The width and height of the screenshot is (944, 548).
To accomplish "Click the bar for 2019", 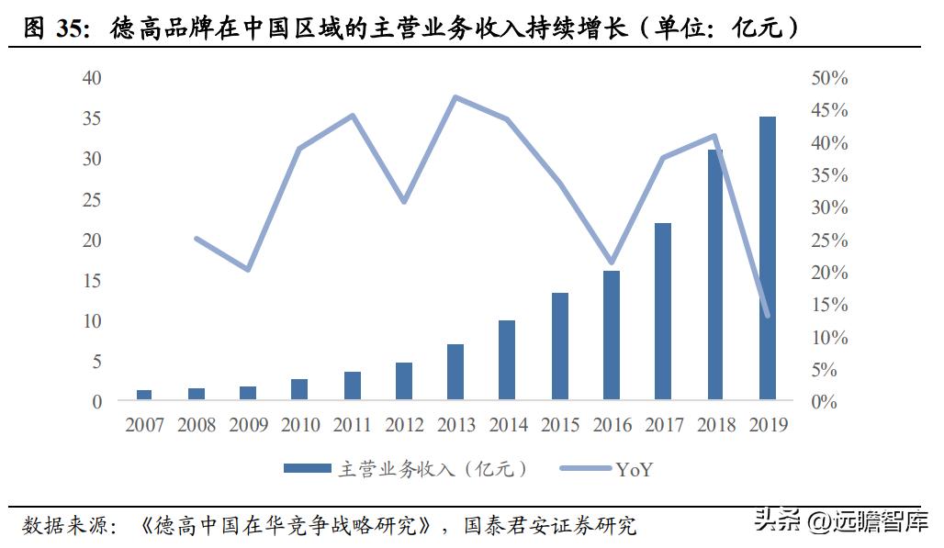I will click(767, 259).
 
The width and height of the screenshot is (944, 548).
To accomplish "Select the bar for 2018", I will click(715, 275).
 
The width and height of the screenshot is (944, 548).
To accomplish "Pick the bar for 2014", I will click(507, 361).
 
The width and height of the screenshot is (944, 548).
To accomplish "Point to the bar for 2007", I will click(144, 395).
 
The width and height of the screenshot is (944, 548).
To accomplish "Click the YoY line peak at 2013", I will click(455, 97).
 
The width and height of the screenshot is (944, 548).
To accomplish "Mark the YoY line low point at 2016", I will click(611, 263).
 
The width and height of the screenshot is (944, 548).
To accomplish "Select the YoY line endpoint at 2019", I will click(767, 316).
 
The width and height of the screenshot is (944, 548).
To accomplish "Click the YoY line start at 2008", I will click(197, 239).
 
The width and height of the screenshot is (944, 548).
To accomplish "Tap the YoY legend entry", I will click(606, 469).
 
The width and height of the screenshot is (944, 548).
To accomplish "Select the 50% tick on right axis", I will click(829, 78).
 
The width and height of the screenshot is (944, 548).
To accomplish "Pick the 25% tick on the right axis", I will click(829, 240).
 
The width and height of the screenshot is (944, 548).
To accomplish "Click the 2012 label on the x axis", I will click(404, 425).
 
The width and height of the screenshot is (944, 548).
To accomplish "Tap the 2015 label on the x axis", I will click(560, 425).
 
